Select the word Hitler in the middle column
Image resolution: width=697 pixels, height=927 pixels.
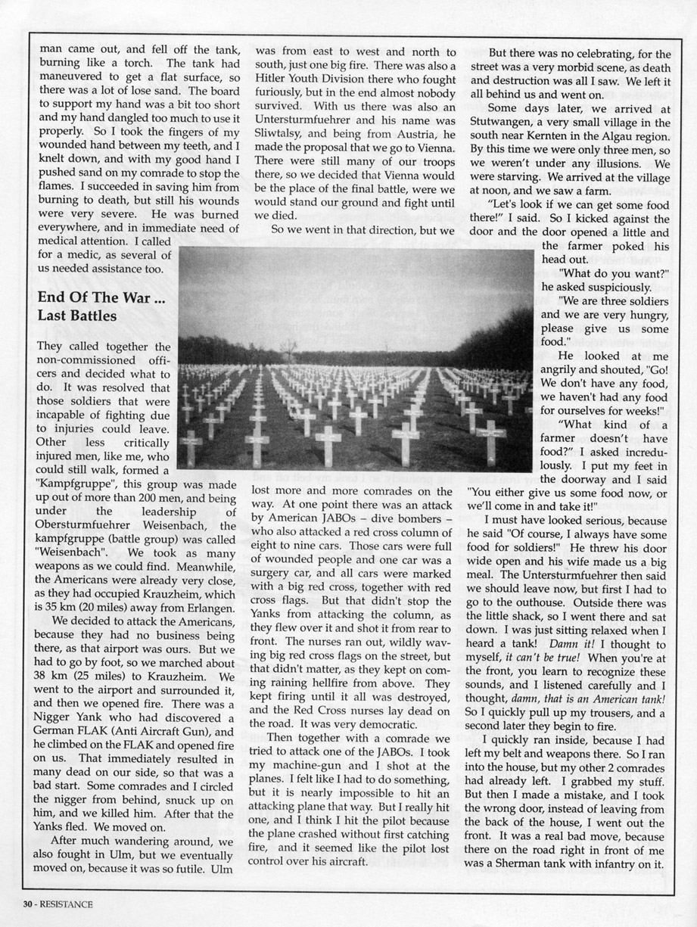(x=274, y=82)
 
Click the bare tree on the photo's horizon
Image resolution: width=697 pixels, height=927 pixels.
(x=288, y=350)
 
